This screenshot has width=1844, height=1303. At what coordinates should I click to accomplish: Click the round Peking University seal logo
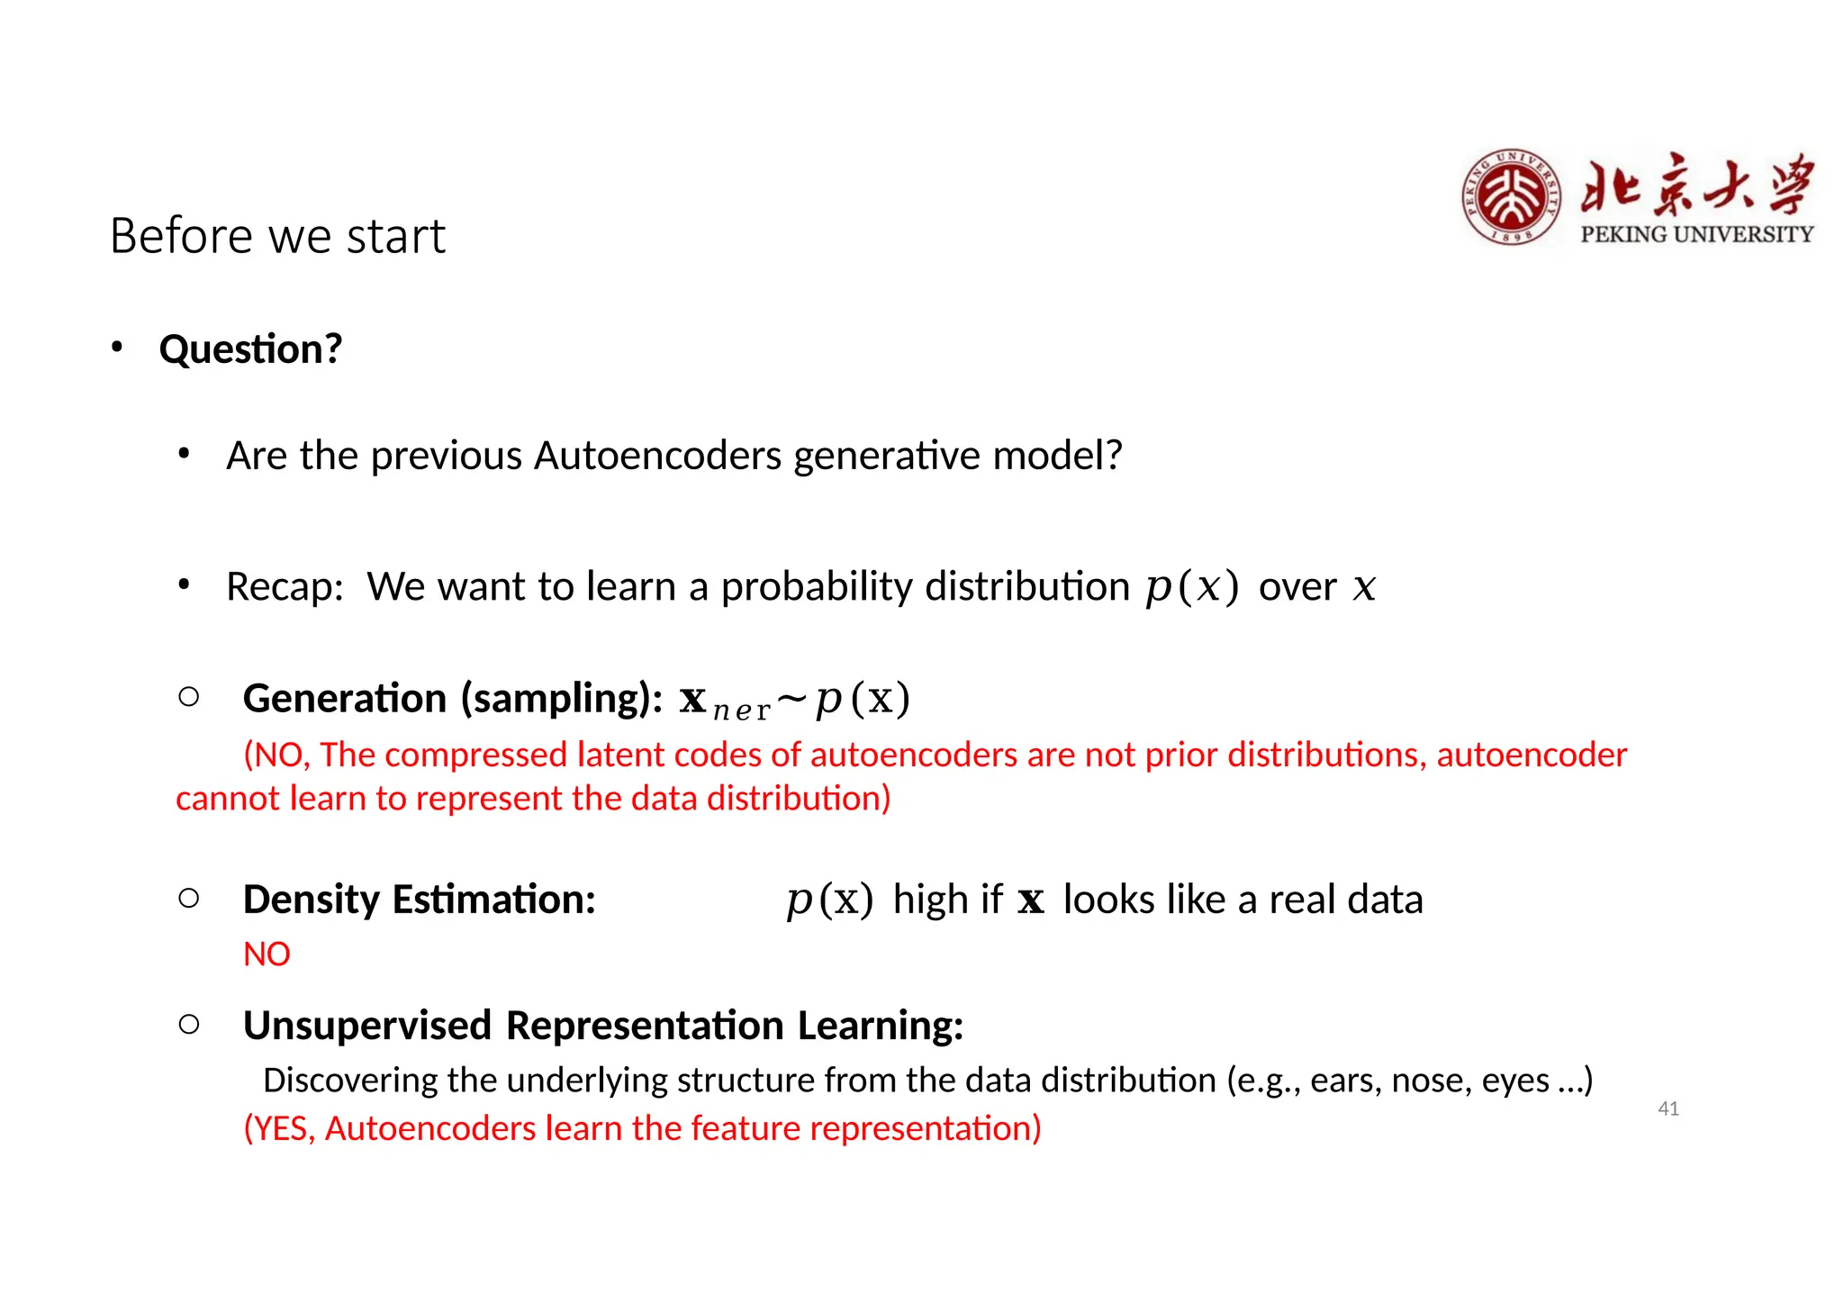coord(1512,197)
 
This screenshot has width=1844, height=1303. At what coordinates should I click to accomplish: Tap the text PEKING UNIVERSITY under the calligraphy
coord(1696,234)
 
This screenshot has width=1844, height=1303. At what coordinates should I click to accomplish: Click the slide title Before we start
coord(277,237)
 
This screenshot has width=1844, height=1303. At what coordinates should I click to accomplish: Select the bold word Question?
coord(250,349)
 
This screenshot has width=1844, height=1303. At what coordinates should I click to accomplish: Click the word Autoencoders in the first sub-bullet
coord(657,456)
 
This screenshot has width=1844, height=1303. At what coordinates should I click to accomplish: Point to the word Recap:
coord(285,587)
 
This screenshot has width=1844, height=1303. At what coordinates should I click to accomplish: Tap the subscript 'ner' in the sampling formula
coord(741,710)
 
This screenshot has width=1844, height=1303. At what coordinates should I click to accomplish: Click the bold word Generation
coord(344,699)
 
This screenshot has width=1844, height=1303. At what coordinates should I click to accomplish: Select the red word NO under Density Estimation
coord(267,955)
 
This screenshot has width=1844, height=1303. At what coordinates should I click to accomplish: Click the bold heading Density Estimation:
coord(419,900)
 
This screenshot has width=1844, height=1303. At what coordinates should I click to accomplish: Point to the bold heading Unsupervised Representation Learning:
coord(602,1026)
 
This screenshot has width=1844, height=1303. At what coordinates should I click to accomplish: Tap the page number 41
coord(1668,1108)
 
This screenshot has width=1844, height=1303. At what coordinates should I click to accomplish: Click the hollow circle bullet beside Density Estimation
coord(189,898)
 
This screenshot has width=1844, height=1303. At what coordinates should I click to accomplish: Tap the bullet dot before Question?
coord(117,348)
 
